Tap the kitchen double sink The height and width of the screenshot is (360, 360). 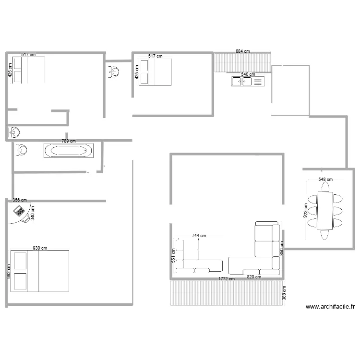click(247, 82)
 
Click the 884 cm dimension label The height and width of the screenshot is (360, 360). click(242, 51)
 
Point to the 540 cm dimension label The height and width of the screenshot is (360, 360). click(248, 74)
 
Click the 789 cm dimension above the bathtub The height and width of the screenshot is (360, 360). click(69, 141)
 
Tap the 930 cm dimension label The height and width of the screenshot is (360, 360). click(40, 248)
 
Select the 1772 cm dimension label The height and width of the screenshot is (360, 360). click(226, 279)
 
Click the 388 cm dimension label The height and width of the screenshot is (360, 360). click(284, 293)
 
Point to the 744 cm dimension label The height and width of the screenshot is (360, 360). click(199, 236)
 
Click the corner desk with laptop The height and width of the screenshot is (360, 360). click(21, 211)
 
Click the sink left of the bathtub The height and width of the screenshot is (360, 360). click(21, 150)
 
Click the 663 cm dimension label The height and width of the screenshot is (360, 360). click(8, 271)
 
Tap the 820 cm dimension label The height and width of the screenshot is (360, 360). click(254, 277)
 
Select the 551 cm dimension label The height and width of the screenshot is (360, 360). click(173, 254)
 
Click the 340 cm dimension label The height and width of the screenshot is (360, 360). click(33, 214)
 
